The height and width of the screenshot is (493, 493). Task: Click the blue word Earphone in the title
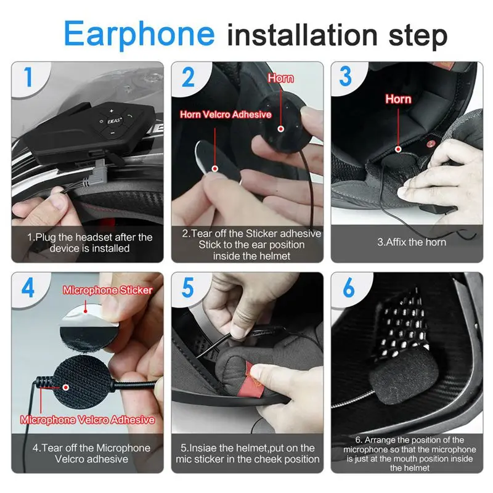pos(139,34)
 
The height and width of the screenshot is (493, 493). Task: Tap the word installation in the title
pos(302,35)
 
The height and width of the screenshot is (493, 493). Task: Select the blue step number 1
pos(28,76)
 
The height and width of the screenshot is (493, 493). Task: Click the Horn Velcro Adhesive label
pos(226,115)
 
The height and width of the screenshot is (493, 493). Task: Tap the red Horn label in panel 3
pos(398,99)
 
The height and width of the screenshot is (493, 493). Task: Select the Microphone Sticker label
pos(107,290)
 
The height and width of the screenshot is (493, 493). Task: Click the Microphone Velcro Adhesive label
pos(88,420)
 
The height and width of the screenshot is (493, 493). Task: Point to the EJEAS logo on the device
pos(114,121)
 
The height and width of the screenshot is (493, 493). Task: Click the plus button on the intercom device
pos(112,111)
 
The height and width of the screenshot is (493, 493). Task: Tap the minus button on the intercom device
pos(112,133)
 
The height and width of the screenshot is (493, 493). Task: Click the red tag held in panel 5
pos(255,379)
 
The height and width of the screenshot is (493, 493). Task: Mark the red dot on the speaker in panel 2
pos(281,129)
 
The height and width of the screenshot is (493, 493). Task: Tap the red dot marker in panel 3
pos(398,149)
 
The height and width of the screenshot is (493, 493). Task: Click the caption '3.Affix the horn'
pos(412,242)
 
